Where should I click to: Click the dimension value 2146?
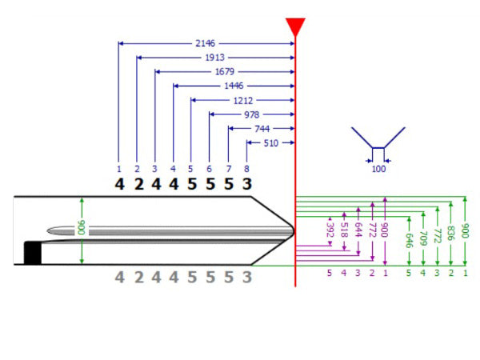pyautogui.click(x=206, y=43)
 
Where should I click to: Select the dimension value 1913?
pyautogui.click(x=214, y=58)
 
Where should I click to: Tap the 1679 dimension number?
pyautogui.click(x=224, y=72)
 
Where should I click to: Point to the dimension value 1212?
pyautogui.click(x=242, y=101)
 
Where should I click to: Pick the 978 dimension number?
pyautogui.click(x=252, y=115)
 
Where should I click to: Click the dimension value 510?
pyautogui.click(x=270, y=144)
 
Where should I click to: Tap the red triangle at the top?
pyautogui.click(x=295, y=26)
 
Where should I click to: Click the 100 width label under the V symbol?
pyautogui.click(x=378, y=170)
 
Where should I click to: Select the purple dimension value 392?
pyautogui.click(x=329, y=230)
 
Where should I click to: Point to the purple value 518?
pyautogui.click(x=343, y=230)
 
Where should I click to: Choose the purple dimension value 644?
pyautogui.click(x=358, y=230)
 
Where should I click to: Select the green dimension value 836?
pyautogui.click(x=451, y=232)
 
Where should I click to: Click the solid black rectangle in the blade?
pyautogui.click(x=32, y=252)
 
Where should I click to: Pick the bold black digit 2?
pyautogui.click(x=138, y=184)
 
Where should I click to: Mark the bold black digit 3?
pyautogui.click(x=246, y=184)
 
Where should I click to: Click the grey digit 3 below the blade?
pyautogui.click(x=246, y=278)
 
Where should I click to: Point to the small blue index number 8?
pyautogui.click(x=246, y=169)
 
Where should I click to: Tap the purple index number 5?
pyautogui.click(x=329, y=273)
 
